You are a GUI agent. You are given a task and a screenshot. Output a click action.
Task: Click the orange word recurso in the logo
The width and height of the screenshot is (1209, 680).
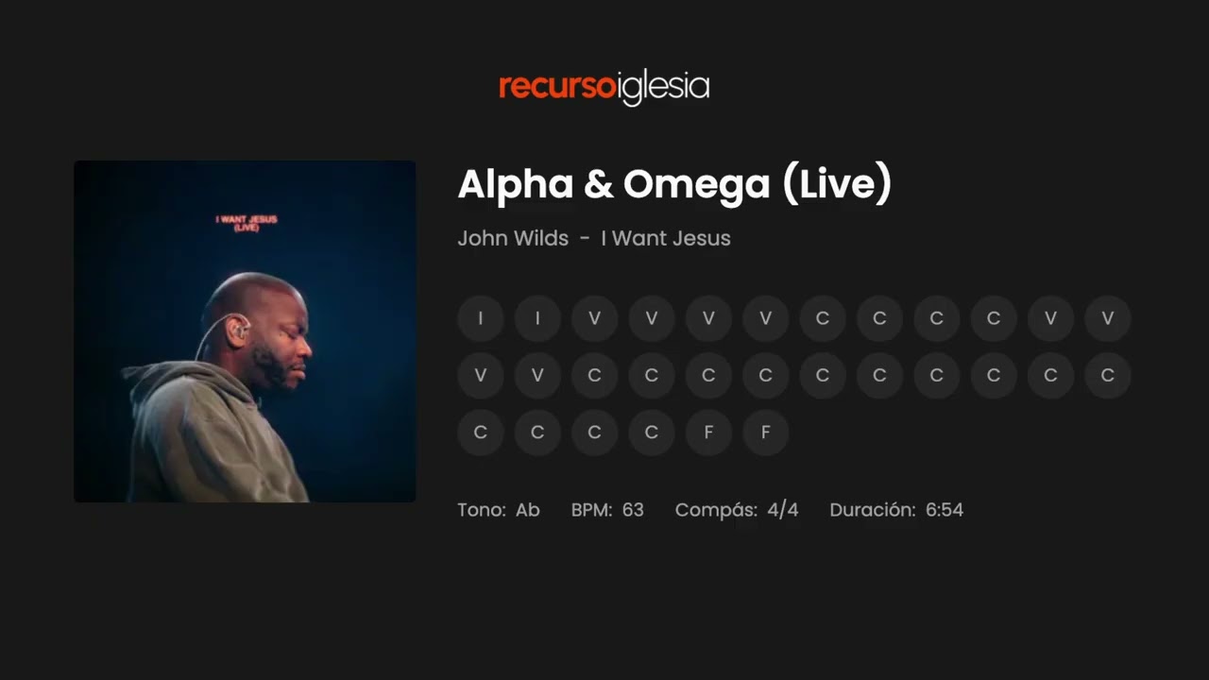point(557,87)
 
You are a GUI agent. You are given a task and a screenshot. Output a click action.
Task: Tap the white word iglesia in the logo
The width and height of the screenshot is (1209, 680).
point(663,88)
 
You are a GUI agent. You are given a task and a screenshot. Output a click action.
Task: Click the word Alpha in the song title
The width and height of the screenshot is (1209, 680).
point(515,184)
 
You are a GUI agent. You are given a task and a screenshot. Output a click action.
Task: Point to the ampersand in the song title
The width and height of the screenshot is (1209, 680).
point(598,185)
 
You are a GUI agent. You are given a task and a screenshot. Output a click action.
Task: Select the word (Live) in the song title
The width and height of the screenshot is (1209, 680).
point(837,184)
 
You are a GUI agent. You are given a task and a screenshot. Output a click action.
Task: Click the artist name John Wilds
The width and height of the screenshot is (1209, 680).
point(513,238)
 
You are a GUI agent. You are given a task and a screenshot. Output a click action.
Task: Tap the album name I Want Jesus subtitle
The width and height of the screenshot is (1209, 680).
point(666,238)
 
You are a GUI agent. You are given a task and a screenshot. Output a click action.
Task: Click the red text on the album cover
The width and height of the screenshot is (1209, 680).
point(246,223)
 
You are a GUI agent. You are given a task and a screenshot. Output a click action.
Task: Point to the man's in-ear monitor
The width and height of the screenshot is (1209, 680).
point(240,331)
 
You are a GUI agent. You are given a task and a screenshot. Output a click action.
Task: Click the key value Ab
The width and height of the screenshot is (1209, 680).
point(528,510)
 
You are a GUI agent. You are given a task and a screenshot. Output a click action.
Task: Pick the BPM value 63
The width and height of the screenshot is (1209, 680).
point(633,510)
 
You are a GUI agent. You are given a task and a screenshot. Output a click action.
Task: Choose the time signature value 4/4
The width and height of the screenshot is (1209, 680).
point(783,510)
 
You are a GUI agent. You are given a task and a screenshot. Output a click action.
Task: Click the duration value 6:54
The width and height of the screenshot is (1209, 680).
point(945,510)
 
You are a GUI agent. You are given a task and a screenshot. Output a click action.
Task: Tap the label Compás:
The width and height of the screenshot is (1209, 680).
point(716,510)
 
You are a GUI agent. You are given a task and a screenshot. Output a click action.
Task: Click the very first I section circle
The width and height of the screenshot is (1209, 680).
point(481,318)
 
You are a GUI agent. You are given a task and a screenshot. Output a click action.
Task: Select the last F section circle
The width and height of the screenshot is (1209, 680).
point(765,433)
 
